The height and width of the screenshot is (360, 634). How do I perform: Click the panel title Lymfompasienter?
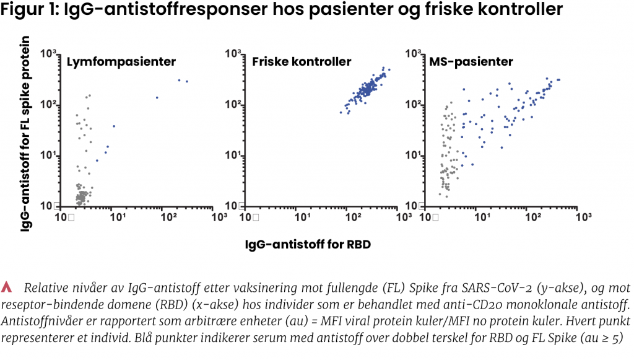(121, 62)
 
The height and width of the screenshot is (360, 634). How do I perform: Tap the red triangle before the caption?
(7, 286)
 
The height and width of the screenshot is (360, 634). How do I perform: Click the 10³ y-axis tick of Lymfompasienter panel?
(49, 54)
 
